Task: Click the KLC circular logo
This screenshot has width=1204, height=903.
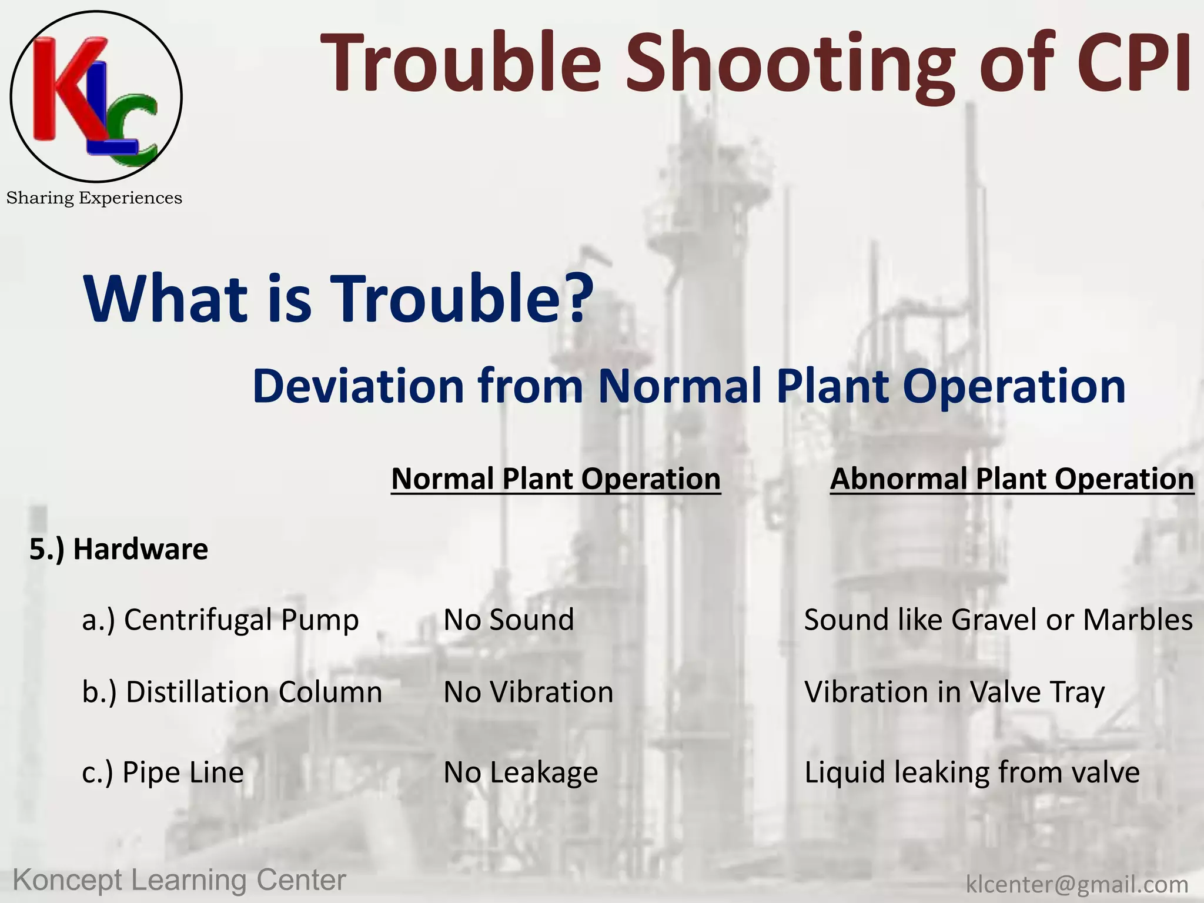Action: pyautogui.click(x=96, y=96)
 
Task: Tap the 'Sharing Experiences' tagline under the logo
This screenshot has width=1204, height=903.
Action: pyautogui.click(x=94, y=198)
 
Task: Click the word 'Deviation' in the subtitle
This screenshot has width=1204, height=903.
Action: pyautogui.click(x=358, y=386)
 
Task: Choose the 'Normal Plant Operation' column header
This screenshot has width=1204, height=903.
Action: pyautogui.click(x=556, y=479)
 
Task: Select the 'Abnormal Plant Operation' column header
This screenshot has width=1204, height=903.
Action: pyautogui.click(x=1012, y=479)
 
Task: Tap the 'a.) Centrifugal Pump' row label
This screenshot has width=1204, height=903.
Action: pyautogui.click(x=220, y=620)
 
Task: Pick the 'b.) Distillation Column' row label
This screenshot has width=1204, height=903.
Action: pyautogui.click(x=232, y=692)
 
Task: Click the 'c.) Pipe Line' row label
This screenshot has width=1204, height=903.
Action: pyautogui.click(x=163, y=772)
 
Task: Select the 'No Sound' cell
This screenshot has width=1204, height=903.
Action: pyautogui.click(x=509, y=620)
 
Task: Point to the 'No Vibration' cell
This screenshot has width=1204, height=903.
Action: pyautogui.click(x=529, y=692)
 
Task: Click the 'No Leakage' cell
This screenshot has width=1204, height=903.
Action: pyautogui.click(x=520, y=772)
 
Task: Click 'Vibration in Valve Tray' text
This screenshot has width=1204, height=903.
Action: pyautogui.click(x=954, y=692)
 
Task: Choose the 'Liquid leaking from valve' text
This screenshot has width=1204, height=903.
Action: pyautogui.click(x=972, y=772)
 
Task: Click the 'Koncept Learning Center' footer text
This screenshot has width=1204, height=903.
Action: pyautogui.click(x=179, y=880)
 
